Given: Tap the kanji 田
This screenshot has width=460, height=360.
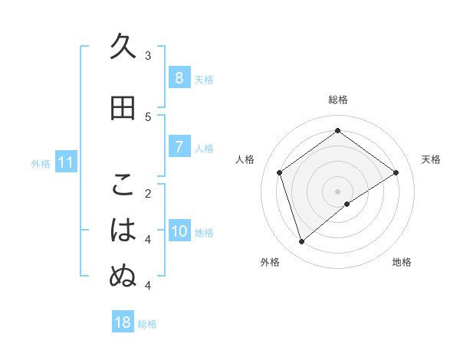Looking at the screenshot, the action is coord(123,109).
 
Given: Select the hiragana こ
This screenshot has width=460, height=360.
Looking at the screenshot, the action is coord(123,185).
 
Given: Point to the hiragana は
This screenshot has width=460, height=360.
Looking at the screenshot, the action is coord(123,231).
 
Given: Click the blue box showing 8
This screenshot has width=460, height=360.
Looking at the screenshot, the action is coord(179,78).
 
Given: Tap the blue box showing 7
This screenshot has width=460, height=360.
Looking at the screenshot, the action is coord(179,147).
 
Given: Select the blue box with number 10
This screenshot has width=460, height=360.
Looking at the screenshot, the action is coord(179,231).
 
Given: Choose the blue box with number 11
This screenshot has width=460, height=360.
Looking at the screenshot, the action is coord(65,162).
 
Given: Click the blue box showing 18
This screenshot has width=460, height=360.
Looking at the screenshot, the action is coord(123,322).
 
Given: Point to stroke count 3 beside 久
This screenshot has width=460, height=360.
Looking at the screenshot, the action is coord(148,55).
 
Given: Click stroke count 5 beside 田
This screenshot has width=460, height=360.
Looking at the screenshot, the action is coord(148,116).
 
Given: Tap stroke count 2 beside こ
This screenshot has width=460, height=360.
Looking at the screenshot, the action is coord(148,193).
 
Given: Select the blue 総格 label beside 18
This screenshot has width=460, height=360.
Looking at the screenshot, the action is coord(147,324).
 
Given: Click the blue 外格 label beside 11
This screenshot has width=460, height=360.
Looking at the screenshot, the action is coord(40,163).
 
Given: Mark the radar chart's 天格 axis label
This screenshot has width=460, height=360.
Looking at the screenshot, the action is coord(431,159).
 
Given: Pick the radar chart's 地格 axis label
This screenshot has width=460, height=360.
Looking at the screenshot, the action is coord(402,262).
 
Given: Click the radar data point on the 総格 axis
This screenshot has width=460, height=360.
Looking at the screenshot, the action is coord(337,131).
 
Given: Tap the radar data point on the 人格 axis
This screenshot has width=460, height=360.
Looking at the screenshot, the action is coord(280,172).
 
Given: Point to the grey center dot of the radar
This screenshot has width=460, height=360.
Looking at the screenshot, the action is coord(337,191).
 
